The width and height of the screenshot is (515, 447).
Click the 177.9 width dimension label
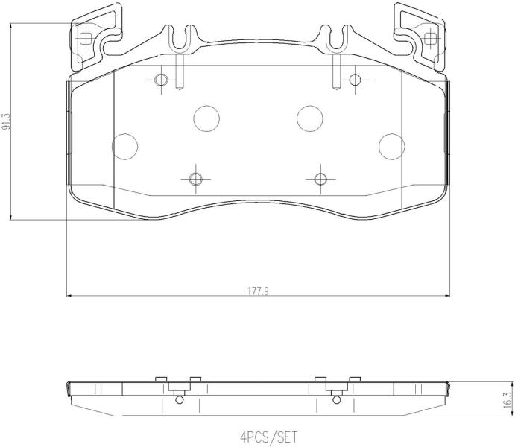coord(258,291)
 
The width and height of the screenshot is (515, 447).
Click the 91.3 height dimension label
coord(6,121)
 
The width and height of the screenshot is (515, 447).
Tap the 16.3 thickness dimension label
coord(508,400)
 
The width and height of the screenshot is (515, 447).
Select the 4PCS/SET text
coord(268,437)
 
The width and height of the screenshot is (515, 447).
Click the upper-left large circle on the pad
coord(206,118)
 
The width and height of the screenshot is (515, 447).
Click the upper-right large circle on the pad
coord(310,118)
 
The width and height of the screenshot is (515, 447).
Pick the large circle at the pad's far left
coord(124,147)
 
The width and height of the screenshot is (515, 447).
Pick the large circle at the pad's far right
coord(392,147)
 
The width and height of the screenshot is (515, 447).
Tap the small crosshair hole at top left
coord(161,80)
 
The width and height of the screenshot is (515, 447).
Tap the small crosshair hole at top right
coord(355,80)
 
